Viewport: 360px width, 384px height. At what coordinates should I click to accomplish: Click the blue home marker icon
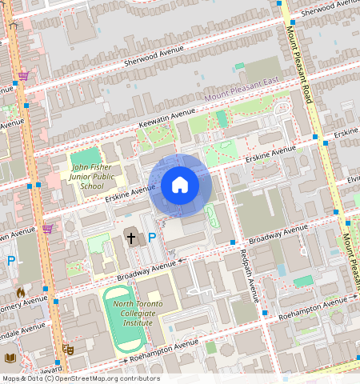point(180,186)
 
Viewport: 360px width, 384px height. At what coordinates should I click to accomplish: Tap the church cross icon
point(131,238)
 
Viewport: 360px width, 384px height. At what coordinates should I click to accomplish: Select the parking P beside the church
point(151,238)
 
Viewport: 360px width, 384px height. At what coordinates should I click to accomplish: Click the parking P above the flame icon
point(11,261)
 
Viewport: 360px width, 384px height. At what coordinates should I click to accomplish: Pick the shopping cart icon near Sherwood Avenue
point(24,76)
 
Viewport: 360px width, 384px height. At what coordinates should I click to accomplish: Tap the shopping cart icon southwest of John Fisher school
point(47,229)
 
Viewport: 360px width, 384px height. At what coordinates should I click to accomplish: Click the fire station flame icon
point(21,293)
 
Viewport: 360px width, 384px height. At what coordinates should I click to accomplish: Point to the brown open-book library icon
point(10,358)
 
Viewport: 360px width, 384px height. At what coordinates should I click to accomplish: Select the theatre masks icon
point(68,350)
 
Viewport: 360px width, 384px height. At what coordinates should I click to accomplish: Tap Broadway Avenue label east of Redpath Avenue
point(278,234)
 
